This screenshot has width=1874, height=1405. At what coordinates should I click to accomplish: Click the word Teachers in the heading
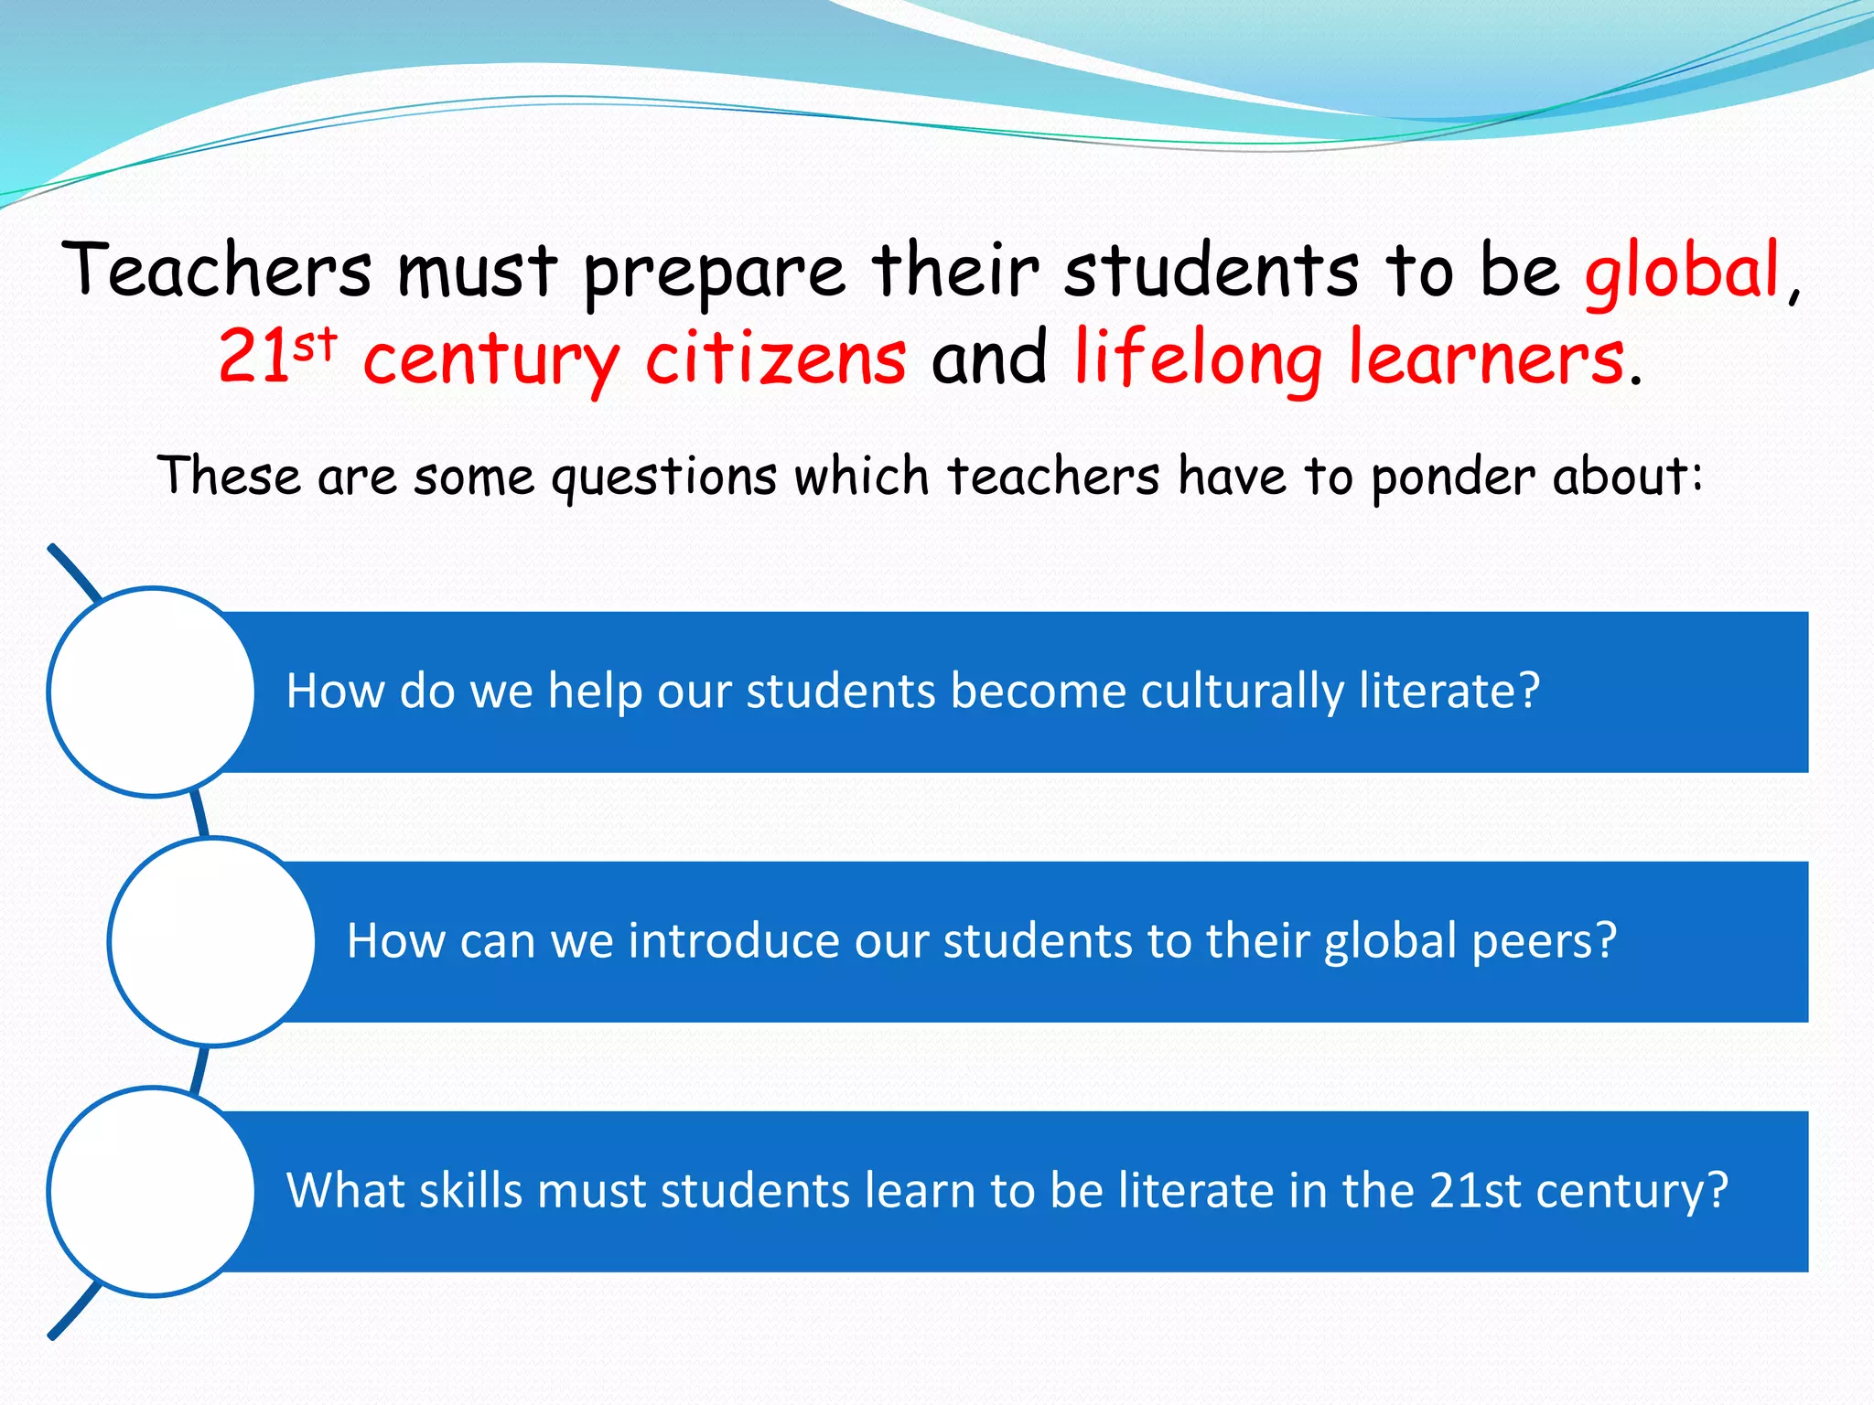(x=217, y=270)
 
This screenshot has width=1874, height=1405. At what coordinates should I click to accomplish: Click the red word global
(x=1682, y=272)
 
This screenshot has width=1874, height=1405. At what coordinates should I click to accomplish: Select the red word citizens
(x=776, y=358)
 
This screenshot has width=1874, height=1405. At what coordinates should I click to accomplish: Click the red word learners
(x=1487, y=358)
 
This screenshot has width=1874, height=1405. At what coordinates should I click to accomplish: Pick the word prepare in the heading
(x=714, y=273)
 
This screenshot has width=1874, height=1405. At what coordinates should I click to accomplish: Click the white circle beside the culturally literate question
(x=152, y=692)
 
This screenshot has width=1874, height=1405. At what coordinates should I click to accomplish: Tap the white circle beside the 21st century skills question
(x=152, y=1191)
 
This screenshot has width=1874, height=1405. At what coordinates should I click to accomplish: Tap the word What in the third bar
(x=345, y=1191)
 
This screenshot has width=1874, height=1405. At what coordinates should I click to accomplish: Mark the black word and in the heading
(x=990, y=358)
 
